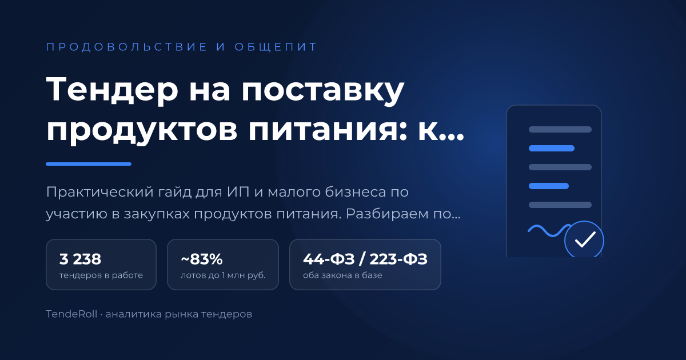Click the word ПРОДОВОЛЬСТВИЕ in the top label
[x=127, y=47]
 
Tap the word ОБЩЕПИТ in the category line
[x=276, y=47]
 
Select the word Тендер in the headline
[x=112, y=89]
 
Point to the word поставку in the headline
[x=323, y=91]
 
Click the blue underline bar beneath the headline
[x=89, y=164]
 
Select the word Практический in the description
[x=100, y=192]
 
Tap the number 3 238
[x=80, y=259]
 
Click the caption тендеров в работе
[x=101, y=275]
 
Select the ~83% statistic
[x=201, y=259]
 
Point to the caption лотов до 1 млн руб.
[x=223, y=275]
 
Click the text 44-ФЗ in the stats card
[x=329, y=259]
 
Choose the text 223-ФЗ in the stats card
[x=398, y=259]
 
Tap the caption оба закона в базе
[x=342, y=275]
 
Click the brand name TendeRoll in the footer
[x=71, y=314]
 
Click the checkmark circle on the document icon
[x=584, y=239]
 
